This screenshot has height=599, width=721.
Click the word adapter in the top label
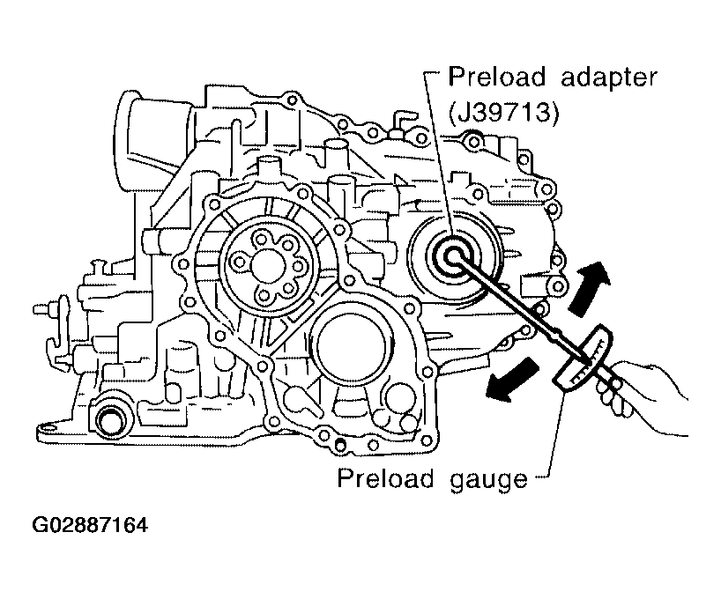(609, 78)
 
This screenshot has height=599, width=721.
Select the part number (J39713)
(504, 112)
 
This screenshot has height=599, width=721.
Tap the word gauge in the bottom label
(488, 480)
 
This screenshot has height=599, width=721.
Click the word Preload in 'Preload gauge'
(386, 478)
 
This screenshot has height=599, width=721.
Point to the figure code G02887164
(90, 525)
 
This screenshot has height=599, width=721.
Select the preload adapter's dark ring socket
(453, 255)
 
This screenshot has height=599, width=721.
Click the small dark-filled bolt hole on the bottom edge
(340, 444)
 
